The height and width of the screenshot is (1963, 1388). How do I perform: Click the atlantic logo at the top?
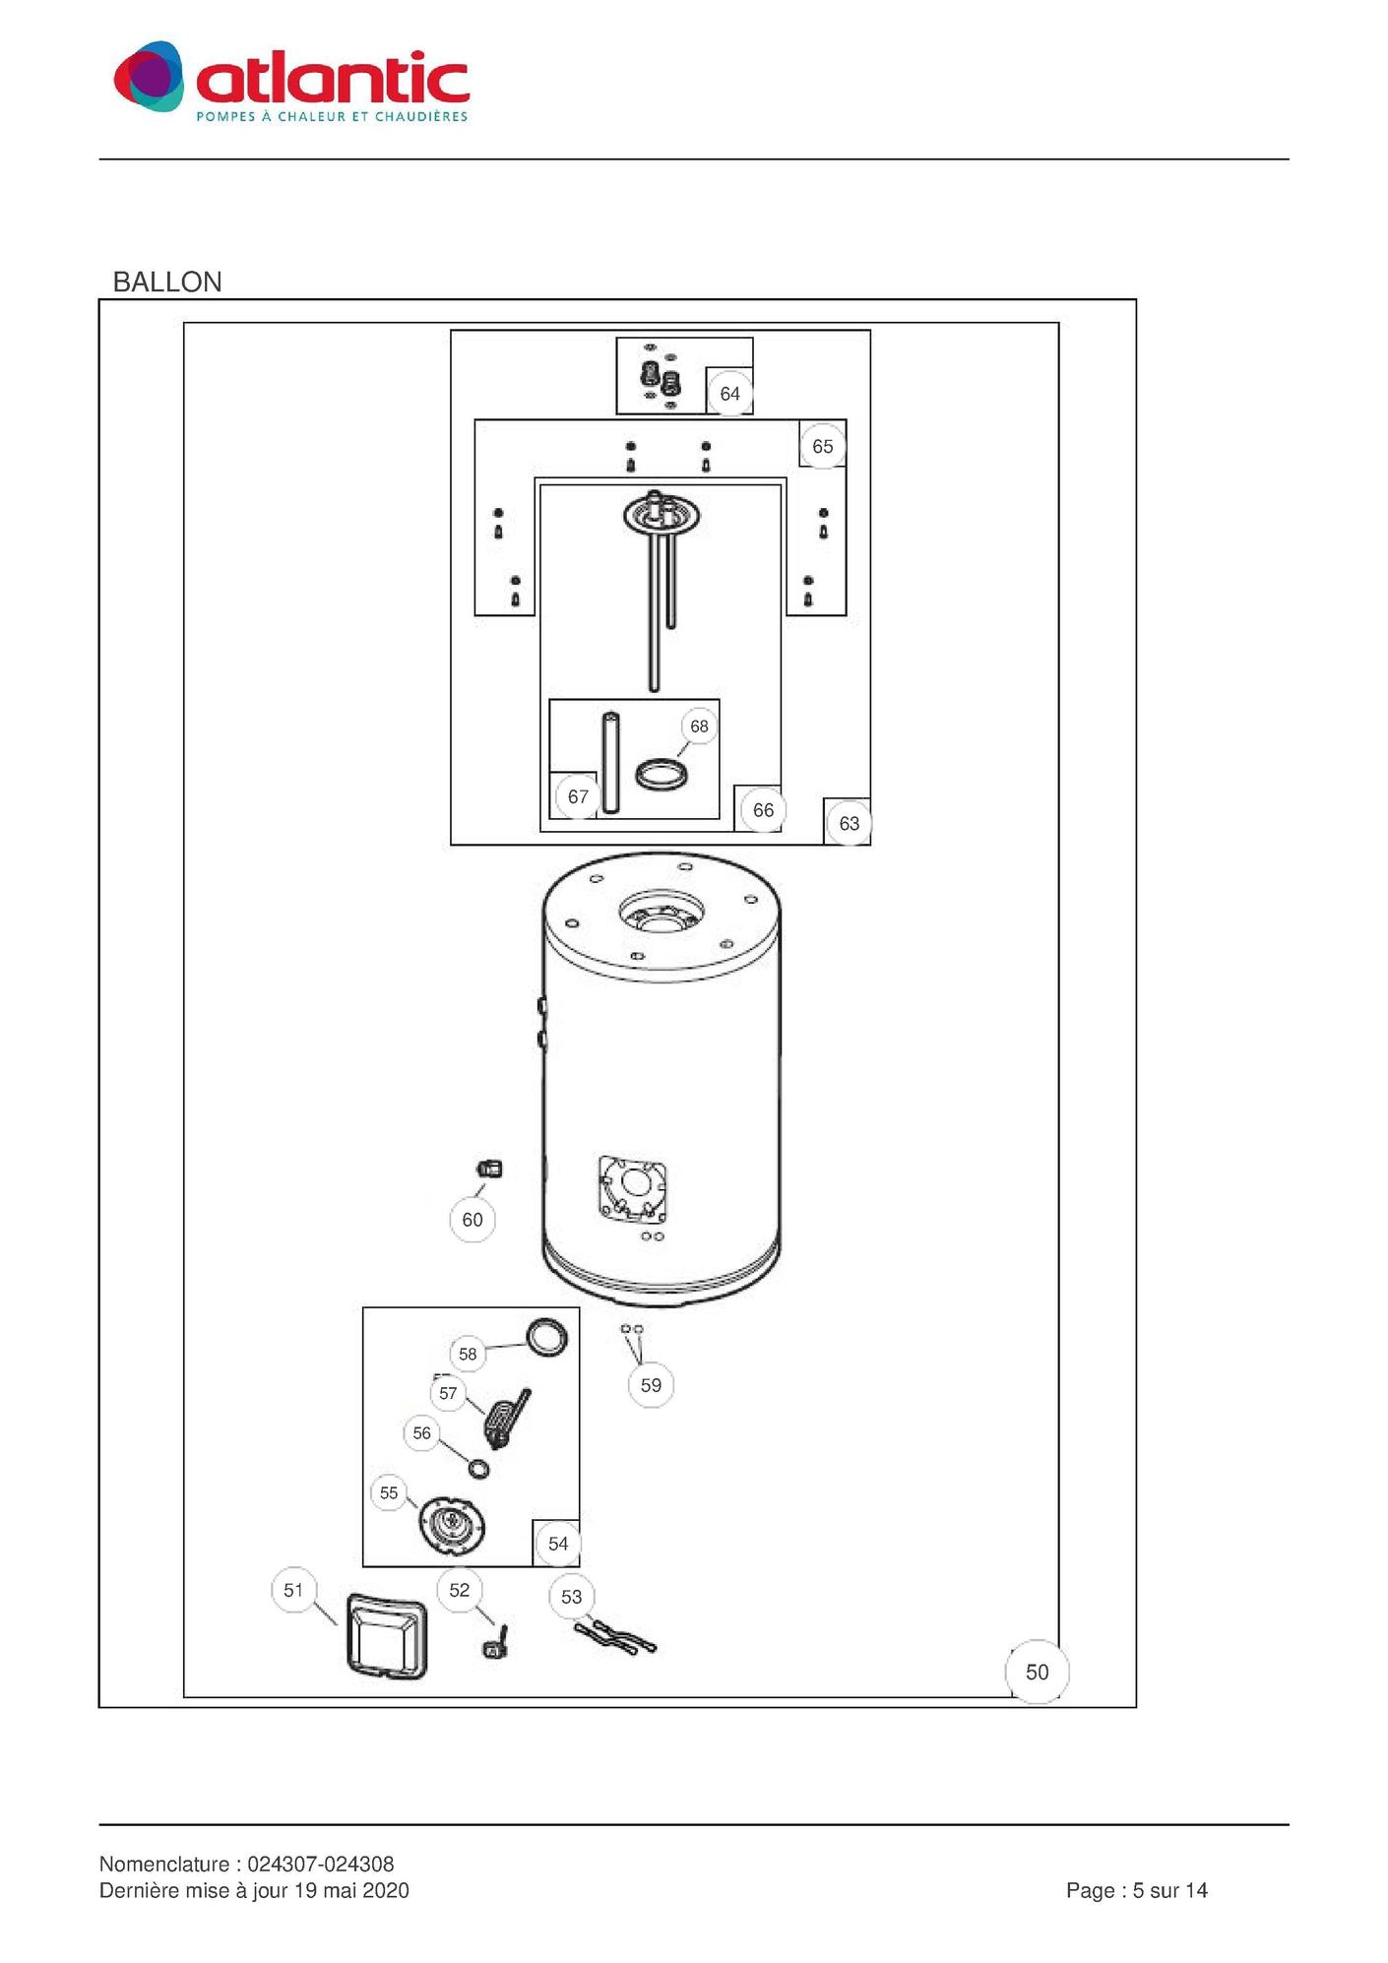pyautogui.click(x=291, y=81)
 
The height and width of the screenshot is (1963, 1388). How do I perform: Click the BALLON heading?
pyautogui.click(x=167, y=283)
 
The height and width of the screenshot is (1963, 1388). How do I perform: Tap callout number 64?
pyautogui.click(x=729, y=394)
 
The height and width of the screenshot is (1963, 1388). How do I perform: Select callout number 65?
pyautogui.click(x=822, y=447)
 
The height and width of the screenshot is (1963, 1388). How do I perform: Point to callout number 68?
pyautogui.click(x=699, y=727)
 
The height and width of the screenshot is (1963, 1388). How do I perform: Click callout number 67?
pyautogui.click(x=578, y=796)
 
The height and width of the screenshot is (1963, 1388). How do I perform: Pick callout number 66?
pyautogui.click(x=763, y=810)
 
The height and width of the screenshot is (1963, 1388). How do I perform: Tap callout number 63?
pyautogui.click(x=849, y=823)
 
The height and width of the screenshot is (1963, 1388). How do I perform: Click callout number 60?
pyautogui.click(x=473, y=1220)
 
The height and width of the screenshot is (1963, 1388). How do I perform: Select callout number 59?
pyautogui.click(x=651, y=1385)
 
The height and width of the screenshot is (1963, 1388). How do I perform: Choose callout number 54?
pyautogui.click(x=558, y=1544)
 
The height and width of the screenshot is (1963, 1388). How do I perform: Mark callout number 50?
pyautogui.click(x=1037, y=1672)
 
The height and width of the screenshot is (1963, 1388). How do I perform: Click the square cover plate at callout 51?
pyautogui.click(x=387, y=1637)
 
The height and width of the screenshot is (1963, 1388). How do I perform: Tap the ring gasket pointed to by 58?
pyautogui.click(x=546, y=1336)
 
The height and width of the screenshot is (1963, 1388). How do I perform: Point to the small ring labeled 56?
pyautogui.click(x=478, y=1469)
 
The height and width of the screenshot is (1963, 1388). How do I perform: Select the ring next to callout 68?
pyautogui.click(x=661, y=774)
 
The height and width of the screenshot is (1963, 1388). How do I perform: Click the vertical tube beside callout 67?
pyautogui.click(x=611, y=763)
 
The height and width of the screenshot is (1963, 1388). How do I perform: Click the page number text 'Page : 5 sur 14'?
pyautogui.click(x=1136, y=1890)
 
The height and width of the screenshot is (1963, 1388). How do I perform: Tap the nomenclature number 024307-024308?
pyautogui.click(x=320, y=1864)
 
